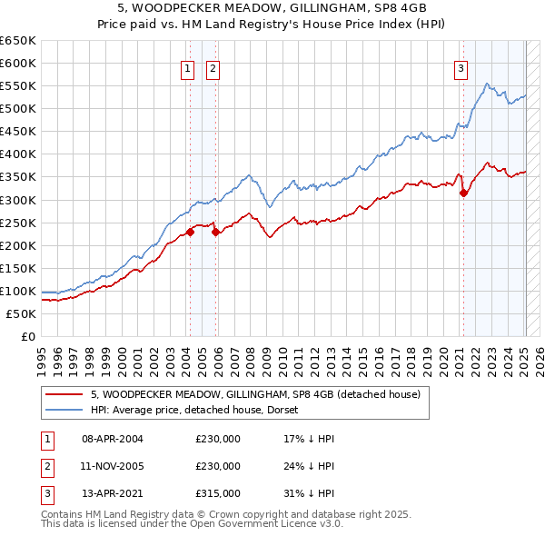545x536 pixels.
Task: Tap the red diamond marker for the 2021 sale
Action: coord(463,193)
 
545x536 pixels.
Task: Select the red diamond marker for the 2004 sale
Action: coord(191,232)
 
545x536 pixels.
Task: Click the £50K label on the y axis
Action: coord(22,313)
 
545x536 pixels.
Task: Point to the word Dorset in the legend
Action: coord(295,410)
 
